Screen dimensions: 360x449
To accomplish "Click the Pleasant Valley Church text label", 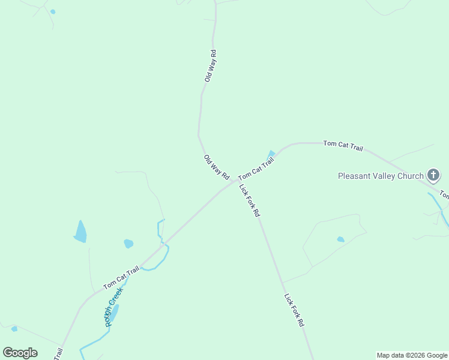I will coord(381,176).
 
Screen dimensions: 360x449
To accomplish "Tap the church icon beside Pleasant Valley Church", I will coord(433,176).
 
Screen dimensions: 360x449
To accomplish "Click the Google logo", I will coord(20,353).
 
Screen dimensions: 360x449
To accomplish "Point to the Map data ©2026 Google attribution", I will coord(412,355).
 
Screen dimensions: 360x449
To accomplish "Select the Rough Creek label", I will coord(112,307).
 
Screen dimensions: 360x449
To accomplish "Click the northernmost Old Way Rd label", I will coord(210,66).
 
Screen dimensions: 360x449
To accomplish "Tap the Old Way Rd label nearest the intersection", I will coord(217,168).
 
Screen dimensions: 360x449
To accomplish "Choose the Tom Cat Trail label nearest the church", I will coord(343,145).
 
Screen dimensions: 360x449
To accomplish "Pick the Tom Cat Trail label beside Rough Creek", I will coord(121,277).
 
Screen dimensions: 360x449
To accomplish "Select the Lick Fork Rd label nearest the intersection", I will coord(250,200).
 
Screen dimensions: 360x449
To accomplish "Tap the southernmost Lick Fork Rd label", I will coord(294,310).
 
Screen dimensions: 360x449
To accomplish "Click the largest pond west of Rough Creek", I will coord(80,232).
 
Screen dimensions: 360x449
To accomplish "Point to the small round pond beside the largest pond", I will coord(128,244).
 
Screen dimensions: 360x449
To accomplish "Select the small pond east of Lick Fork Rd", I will coord(340,239).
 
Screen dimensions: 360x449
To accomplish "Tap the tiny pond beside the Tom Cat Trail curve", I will coord(271,154).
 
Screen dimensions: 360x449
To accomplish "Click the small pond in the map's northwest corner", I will coord(53,11).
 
